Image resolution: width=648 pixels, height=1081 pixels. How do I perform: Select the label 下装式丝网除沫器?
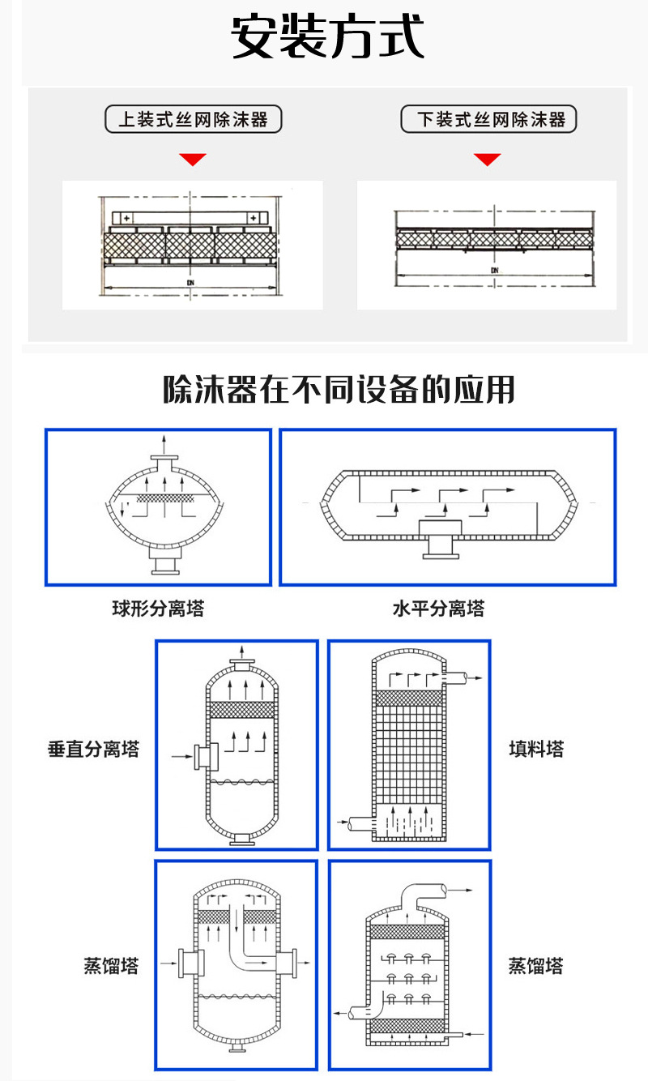490,120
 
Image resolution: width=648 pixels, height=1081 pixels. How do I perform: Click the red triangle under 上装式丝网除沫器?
193,159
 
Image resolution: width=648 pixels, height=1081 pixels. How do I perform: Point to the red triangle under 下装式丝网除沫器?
488,159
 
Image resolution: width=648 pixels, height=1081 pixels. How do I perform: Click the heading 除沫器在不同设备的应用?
339,390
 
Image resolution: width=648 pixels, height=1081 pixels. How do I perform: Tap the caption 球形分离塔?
158,609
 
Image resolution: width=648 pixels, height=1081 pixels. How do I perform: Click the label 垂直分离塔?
94,750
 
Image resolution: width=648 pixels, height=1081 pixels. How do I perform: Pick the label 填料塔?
536,748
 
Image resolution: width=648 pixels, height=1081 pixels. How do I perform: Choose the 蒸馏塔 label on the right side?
535,966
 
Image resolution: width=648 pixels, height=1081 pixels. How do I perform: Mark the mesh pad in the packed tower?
409,698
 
